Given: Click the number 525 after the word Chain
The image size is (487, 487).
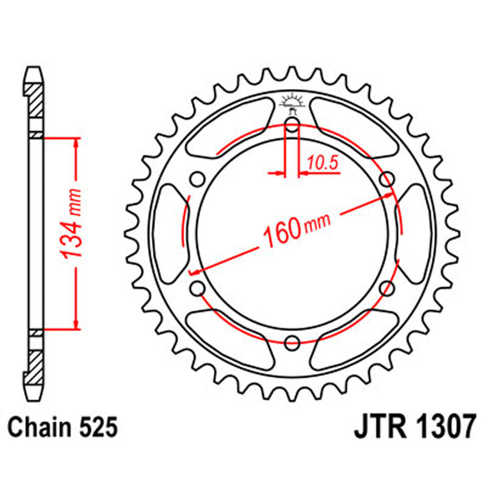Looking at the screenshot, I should click(x=97, y=428).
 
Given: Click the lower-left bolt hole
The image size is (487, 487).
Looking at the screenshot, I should click(x=197, y=289).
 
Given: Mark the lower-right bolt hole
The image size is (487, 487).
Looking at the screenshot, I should click(x=386, y=289).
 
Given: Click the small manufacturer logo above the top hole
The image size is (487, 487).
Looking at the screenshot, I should click(x=292, y=104).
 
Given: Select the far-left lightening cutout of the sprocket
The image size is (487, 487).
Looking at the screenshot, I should click(x=168, y=234).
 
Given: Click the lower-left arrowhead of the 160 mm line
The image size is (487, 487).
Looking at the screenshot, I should click(x=195, y=270).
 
